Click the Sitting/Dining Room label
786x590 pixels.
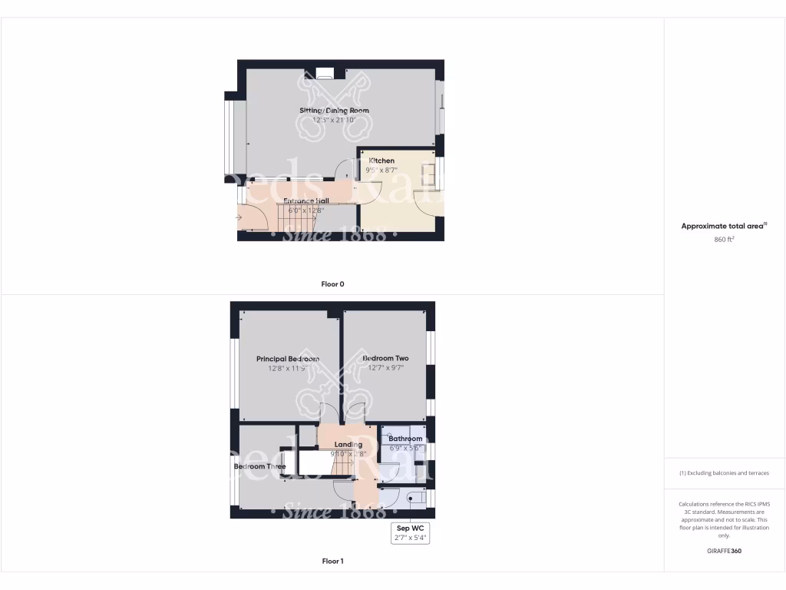point(334,111)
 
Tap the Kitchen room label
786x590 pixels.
point(381,161)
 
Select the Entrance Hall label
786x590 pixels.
point(295,201)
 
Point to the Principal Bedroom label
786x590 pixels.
point(288,359)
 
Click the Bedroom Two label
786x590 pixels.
point(385,358)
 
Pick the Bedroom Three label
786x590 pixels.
point(260,466)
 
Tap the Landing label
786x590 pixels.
point(348,444)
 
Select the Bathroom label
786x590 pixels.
point(405,439)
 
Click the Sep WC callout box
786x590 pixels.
point(410,533)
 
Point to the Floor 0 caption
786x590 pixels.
point(332,284)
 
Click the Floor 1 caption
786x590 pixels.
point(332,562)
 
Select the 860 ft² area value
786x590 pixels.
point(725,240)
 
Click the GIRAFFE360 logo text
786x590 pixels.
point(725,551)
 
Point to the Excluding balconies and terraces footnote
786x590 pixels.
point(725,473)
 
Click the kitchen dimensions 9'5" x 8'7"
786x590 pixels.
point(381,170)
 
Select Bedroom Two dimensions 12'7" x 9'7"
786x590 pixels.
point(385,368)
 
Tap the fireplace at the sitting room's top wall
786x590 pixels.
point(325,74)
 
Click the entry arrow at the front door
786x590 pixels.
point(239,217)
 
